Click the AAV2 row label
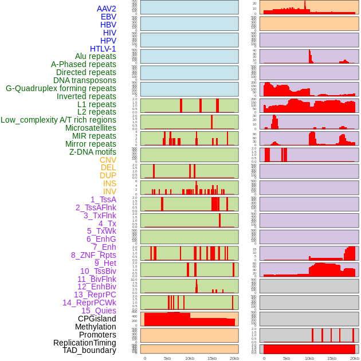[107, 9]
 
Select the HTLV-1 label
[103, 49]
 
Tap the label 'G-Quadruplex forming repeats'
[61, 88]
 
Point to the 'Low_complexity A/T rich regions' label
[58, 120]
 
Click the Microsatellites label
[91, 128]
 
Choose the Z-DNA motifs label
[93, 152]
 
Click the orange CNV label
[108, 160]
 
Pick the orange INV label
[109, 191]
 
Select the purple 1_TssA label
[103, 199]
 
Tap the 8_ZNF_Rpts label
[93, 255]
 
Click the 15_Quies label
[99, 311]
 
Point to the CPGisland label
[97, 319]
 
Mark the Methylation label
[96, 327]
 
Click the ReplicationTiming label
[85, 343]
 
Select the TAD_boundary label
[89, 350]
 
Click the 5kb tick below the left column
[167, 358]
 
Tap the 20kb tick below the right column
[355, 358]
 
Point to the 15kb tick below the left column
[212, 358]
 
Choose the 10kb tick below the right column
[309, 358]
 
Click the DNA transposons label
[85, 80]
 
